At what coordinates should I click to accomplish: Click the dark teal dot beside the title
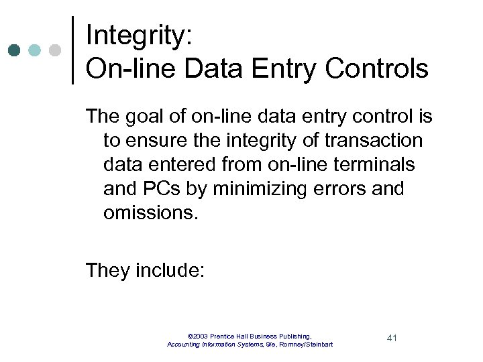[x=15, y=50]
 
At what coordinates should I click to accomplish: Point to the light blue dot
[x=36, y=50]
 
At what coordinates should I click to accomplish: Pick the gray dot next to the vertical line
[x=55, y=50]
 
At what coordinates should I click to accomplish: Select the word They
[x=107, y=271]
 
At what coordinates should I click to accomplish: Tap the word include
[x=170, y=271]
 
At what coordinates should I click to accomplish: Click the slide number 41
[x=392, y=338]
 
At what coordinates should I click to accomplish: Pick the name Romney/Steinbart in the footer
[x=306, y=344]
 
